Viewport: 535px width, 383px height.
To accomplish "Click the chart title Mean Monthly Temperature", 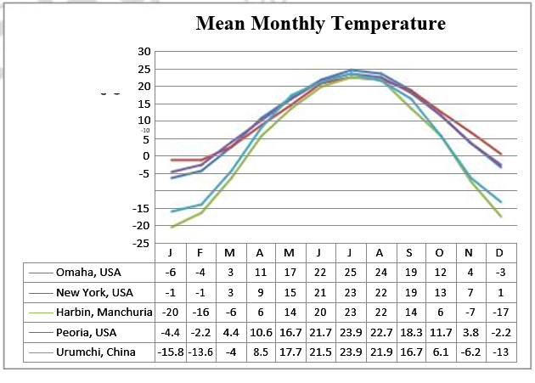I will tap(320, 24).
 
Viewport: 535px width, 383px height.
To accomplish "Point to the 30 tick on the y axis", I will tap(144, 51).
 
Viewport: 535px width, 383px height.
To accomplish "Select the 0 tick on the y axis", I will tap(146, 155).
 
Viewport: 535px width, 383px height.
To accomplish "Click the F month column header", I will tap(200, 253).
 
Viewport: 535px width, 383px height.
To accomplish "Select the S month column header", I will tap(409, 253).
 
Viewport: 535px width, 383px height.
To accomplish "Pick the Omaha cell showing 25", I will tap(350, 273).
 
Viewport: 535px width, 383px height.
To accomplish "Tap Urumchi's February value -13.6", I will tap(200, 352).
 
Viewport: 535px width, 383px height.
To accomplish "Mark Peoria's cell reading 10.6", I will tap(260, 332).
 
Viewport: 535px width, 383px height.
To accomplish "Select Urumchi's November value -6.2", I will tap(469, 352).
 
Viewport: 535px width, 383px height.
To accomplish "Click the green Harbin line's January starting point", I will tap(172, 227).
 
